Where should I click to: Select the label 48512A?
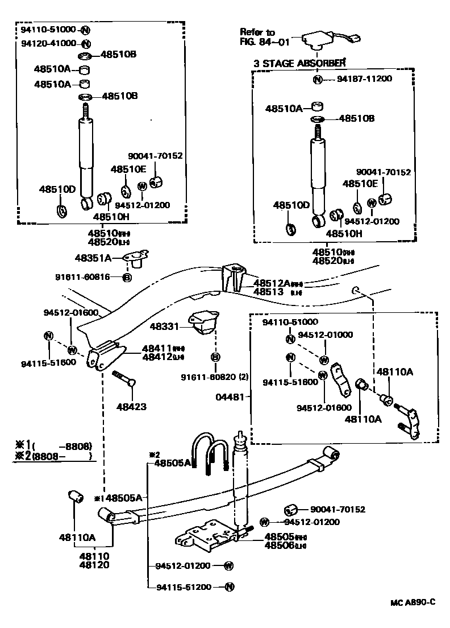point(271,283)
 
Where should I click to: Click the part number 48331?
point(164,327)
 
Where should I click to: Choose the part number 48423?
point(131,407)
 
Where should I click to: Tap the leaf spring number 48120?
point(94,565)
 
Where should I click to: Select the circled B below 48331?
point(215,357)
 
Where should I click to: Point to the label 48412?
point(155,357)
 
